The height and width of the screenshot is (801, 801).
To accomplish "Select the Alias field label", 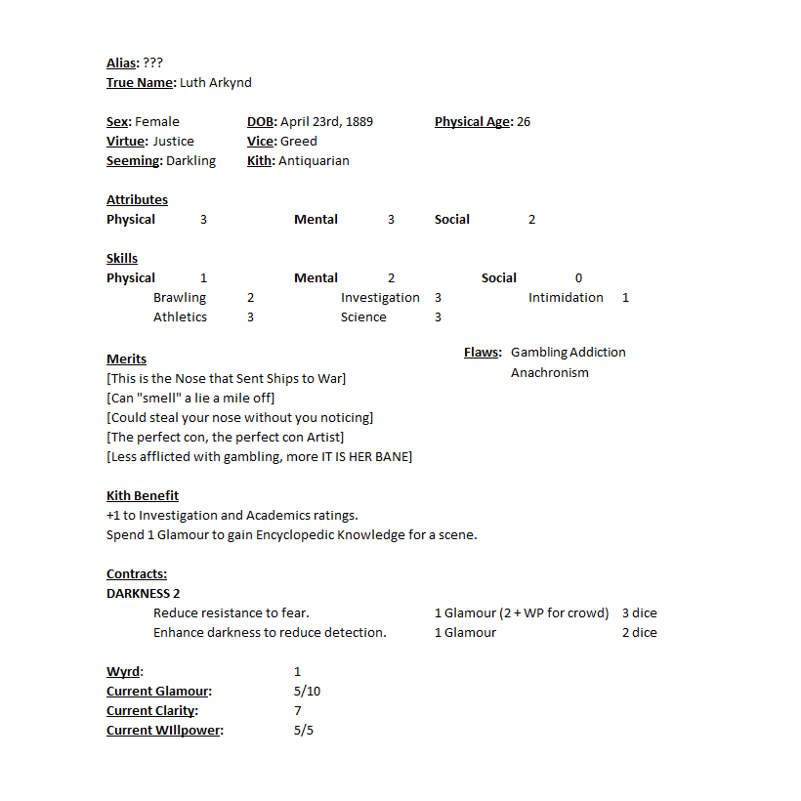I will (x=122, y=63).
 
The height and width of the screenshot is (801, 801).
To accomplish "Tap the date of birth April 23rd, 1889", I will (x=325, y=122).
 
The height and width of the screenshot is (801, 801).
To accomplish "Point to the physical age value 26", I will (x=524, y=122).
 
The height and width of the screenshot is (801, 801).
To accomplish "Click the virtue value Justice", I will (x=173, y=142).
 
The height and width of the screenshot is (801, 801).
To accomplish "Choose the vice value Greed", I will (x=298, y=142).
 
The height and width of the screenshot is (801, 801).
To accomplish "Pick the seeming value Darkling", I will (x=190, y=161).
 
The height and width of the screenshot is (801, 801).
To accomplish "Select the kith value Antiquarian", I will (x=314, y=161).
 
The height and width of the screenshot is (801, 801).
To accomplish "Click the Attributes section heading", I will (x=137, y=200).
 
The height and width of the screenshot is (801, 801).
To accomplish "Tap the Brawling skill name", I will (x=180, y=298).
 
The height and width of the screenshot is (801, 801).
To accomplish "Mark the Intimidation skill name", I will (x=566, y=298).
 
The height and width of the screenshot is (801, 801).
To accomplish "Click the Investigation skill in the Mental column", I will (x=380, y=298).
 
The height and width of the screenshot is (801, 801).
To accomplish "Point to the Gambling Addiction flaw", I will (x=569, y=353).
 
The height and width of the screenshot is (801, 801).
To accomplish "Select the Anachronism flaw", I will (x=550, y=372).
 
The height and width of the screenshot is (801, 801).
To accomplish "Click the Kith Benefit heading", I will (x=143, y=496).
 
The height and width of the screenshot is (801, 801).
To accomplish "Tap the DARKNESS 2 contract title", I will (x=144, y=594).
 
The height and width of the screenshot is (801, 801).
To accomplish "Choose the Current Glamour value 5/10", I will (x=307, y=692).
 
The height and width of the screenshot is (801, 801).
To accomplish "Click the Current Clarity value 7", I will (x=298, y=711).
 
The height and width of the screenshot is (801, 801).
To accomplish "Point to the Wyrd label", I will (x=124, y=672).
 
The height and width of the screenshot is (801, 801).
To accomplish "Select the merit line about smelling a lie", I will (x=190, y=398).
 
